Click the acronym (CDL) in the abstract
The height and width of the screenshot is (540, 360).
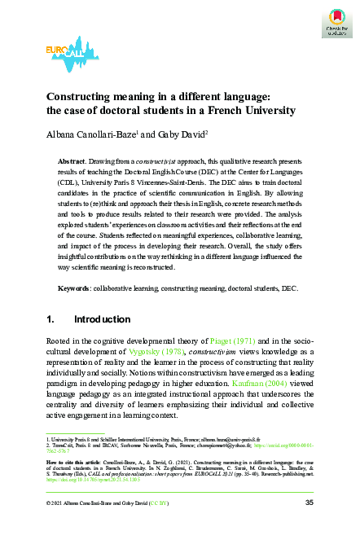pos(74,185)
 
